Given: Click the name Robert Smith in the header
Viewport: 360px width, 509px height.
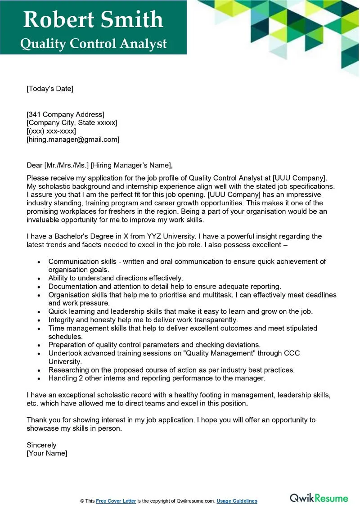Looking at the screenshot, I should tap(93, 20).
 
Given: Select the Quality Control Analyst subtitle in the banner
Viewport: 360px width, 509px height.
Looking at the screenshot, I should tap(93, 44).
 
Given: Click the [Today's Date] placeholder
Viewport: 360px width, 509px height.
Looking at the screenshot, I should tap(49, 89).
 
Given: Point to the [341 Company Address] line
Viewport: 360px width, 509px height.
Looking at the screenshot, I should tap(65, 114).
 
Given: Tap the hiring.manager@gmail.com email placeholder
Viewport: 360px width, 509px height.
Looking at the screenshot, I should tap(73, 140).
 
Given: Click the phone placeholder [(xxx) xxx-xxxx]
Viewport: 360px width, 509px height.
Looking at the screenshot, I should tap(51, 131).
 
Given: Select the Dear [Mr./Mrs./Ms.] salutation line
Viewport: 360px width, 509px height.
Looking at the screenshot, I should tap(99, 165).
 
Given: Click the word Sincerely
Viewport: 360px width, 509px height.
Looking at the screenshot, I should tap(41, 445).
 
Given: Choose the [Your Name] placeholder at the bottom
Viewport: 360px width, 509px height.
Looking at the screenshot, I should tap(47, 453).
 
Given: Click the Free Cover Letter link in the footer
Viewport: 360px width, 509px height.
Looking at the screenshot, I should tap(116, 501).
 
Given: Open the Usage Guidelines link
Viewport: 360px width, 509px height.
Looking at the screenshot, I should tap(237, 501).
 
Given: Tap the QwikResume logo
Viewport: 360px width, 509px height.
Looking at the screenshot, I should tap(319, 498).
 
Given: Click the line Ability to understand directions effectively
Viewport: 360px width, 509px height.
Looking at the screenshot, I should tap(116, 278).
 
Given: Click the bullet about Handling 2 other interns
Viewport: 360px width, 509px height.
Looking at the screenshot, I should tap(157, 378).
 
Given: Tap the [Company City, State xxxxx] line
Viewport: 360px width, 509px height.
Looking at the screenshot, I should tap(72, 122).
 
